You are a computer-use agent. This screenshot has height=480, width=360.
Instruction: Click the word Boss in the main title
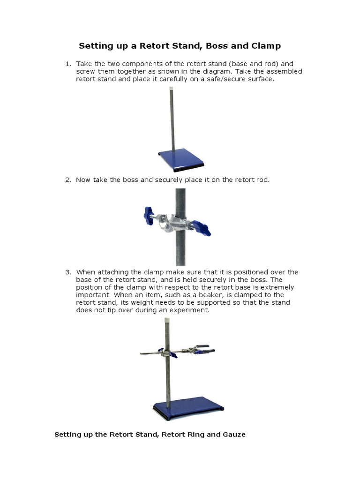click(x=217, y=46)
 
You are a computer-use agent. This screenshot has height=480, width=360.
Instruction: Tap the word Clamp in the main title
click(x=265, y=46)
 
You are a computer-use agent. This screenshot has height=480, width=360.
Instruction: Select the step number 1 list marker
click(x=68, y=64)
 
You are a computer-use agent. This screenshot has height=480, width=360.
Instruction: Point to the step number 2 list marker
click(x=68, y=180)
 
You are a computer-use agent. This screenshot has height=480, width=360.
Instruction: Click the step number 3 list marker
click(x=68, y=272)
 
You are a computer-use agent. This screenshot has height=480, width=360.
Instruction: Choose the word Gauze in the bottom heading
click(x=233, y=435)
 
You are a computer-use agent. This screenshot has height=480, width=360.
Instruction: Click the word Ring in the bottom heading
click(x=192, y=435)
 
